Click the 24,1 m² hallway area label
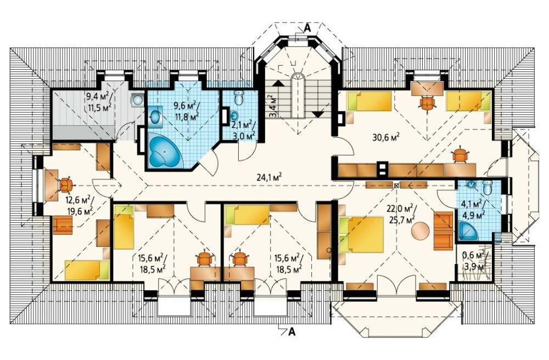(269, 177)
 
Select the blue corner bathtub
(164, 152)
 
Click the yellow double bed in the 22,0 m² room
(361, 234)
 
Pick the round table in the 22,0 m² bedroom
(420, 231)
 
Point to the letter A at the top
(307, 28)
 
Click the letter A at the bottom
(292, 332)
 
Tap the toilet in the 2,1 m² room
(239, 98)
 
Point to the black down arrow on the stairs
(318, 114)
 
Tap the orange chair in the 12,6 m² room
(65, 185)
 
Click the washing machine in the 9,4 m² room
(137, 100)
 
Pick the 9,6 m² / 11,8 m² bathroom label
(187, 110)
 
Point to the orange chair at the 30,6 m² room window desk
(427, 103)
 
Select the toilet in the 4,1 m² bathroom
(487, 187)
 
